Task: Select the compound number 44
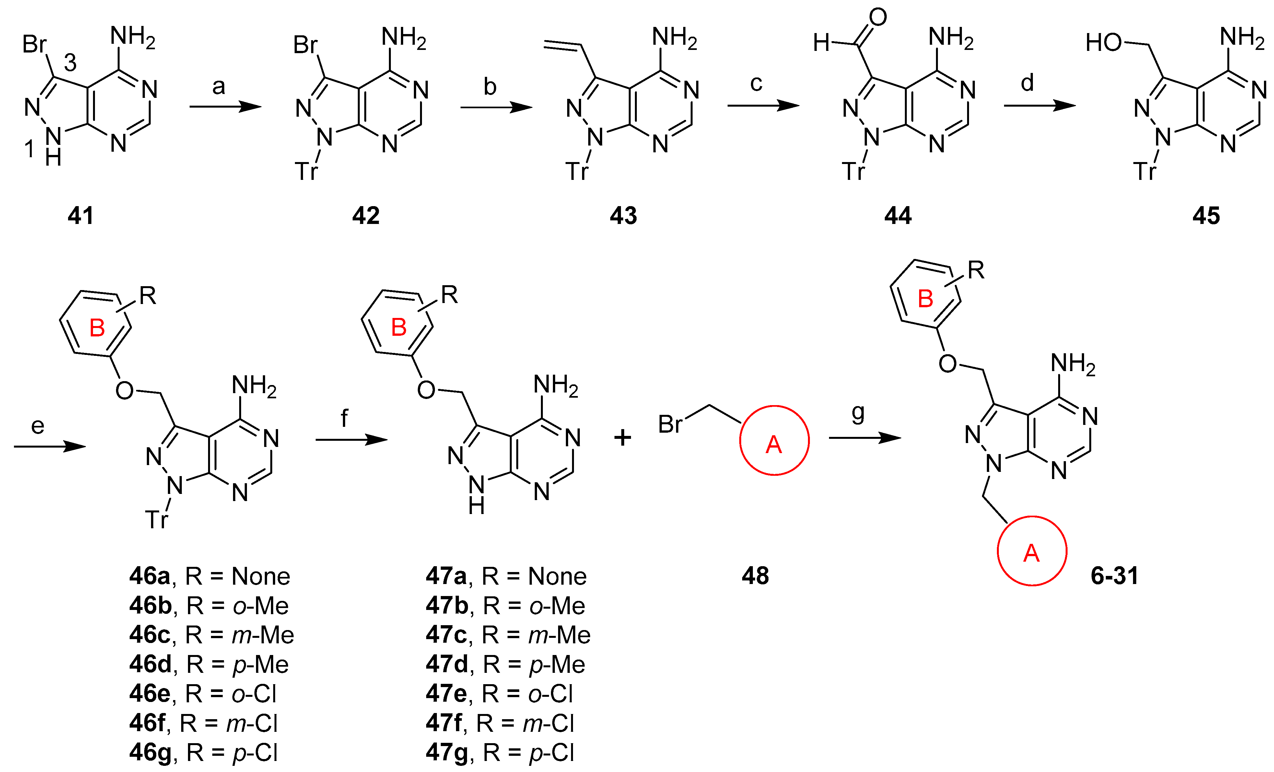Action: tap(898, 215)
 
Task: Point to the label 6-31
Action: tap(1114, 576)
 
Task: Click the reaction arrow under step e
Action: tap(50, 446)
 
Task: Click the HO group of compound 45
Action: tap(1104, 42)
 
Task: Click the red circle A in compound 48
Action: tap(774, 440)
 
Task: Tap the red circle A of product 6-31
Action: tap(1032, 551)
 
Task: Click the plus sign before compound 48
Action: tap(623, 438)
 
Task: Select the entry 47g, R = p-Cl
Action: tap(499, 752)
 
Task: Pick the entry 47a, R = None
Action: tap(506, 576)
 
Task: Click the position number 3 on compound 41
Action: tap(70, 63)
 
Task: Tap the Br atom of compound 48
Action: tap(670, 425)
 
